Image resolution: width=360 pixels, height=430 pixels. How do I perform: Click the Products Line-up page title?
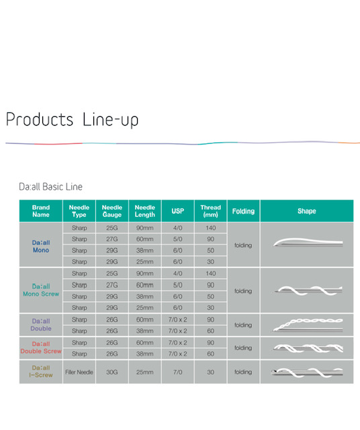[x=72, y=120]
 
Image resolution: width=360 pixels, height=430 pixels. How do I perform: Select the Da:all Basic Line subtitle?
[x=51, y=187]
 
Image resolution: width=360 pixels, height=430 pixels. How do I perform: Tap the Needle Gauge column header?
[x=112, y=211]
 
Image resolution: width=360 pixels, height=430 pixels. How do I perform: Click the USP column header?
[x=178, y=211]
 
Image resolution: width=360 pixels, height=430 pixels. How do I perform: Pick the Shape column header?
[x=307, y=211]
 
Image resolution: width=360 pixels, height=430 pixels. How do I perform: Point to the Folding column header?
[x=244, y=211]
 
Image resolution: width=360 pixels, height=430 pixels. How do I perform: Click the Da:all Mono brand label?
[x=41, y=247]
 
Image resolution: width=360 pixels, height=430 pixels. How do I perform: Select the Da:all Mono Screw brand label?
[x=41, y=290]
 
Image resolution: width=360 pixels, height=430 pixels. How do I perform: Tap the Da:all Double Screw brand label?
[x=41, y=347]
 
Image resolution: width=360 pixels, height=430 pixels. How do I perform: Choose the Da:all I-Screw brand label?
[x=41, y=372]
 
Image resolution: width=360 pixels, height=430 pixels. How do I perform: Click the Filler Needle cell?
[x=79, y=372]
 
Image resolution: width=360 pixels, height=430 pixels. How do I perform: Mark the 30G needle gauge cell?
[x=112, y=372]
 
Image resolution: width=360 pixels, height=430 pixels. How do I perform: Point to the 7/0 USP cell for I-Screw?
[x=178, y=372]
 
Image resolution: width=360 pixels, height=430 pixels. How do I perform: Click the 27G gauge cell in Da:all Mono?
[x=112, y=239]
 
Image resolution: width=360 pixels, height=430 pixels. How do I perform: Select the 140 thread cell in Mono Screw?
[x=211, y=273]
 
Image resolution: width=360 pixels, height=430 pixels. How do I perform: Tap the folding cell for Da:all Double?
[x=243, y=325]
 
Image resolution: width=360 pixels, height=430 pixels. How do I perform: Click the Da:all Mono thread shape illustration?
[x=308, y=242]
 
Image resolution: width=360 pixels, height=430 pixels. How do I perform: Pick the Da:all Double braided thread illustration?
[x=308, y=325]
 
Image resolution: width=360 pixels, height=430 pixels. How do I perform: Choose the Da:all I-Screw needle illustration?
[x=307, y=372]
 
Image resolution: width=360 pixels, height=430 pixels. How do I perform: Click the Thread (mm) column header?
[x=211, y=211]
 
